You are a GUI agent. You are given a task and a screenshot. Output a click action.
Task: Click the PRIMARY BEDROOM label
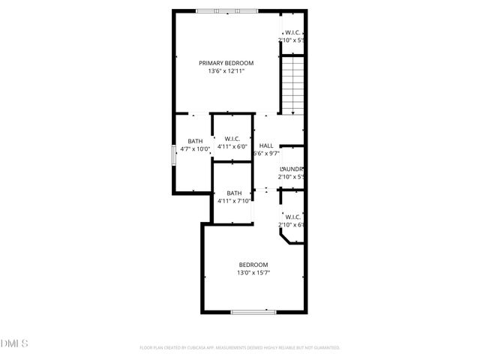click(226, 63)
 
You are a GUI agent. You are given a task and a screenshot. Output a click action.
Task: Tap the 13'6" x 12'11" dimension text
click(226, 72)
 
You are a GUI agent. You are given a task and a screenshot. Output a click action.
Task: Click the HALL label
click(265, 145)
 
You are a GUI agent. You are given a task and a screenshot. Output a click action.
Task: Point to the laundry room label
click(290, 169)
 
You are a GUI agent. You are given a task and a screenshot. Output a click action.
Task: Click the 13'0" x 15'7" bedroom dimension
click(253, 273)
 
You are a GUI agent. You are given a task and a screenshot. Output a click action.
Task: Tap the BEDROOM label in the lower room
click(253, 264)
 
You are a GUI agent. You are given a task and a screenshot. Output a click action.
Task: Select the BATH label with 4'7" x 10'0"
click(195, 141)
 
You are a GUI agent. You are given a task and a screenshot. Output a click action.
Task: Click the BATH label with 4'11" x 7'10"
click(234, 193)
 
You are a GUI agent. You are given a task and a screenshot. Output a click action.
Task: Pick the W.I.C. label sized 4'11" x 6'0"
click(232, 138)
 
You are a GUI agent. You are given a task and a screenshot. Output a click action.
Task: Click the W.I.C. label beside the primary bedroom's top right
click(292, 32)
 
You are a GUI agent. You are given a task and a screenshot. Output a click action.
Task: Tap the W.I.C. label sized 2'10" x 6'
click(292, 217)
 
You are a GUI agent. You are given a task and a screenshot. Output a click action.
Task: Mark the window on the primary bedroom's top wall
click(226, 10)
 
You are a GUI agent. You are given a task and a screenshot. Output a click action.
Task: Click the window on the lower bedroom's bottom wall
click(253, 312)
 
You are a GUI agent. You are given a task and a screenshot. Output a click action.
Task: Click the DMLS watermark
click(14, 343)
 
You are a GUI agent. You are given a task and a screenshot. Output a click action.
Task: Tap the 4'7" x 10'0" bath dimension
click(195, 149)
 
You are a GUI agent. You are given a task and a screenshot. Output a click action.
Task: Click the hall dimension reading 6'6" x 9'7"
click(268, 154)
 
